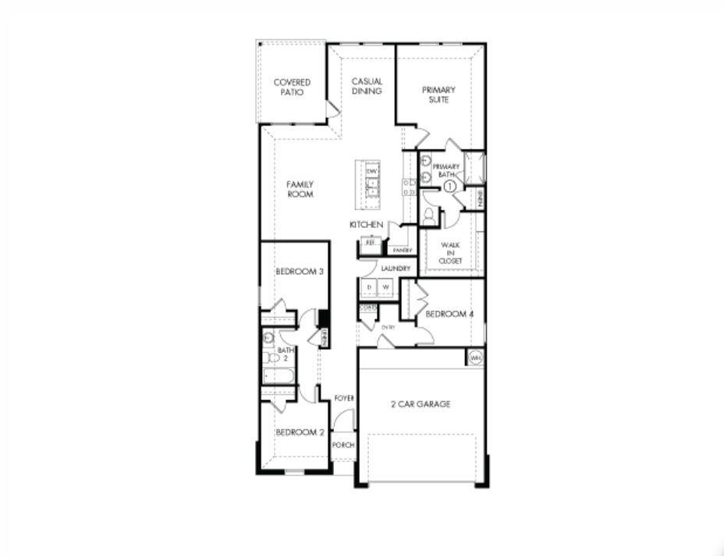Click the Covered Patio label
pyautogui.click(x=292, y=87)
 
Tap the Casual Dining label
pyautogui.click(x=366, y=86)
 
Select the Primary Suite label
pyautogui.click(x=439, y=94)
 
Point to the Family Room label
pyautogui.click(x=300, y=189)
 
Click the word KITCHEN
pyautogui.click(x=366, y=225)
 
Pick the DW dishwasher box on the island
pyautogui.click(x=372, y=170)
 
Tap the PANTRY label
pyautogui.click(x=402, y=250)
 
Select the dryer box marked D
pyautogui.click(x=369, y=287)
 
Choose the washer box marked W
pyautogui.click(x=385, y=287)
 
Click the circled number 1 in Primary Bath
pyautogui.click(x=449, y=186)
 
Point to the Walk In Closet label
pyautogui.click(x=450, y=252)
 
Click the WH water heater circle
pyautogui.click(x=475, y=358)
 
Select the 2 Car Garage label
pyautogui.click(x=421, y=405)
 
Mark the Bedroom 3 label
pyautogui.click(x=300, y=272)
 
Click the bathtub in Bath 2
pyautogui.click(x=279, y=377)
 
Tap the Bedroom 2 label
pyautogui.click(x=300, y=432)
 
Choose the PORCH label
pyautogui.click(x=342, y=444)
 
